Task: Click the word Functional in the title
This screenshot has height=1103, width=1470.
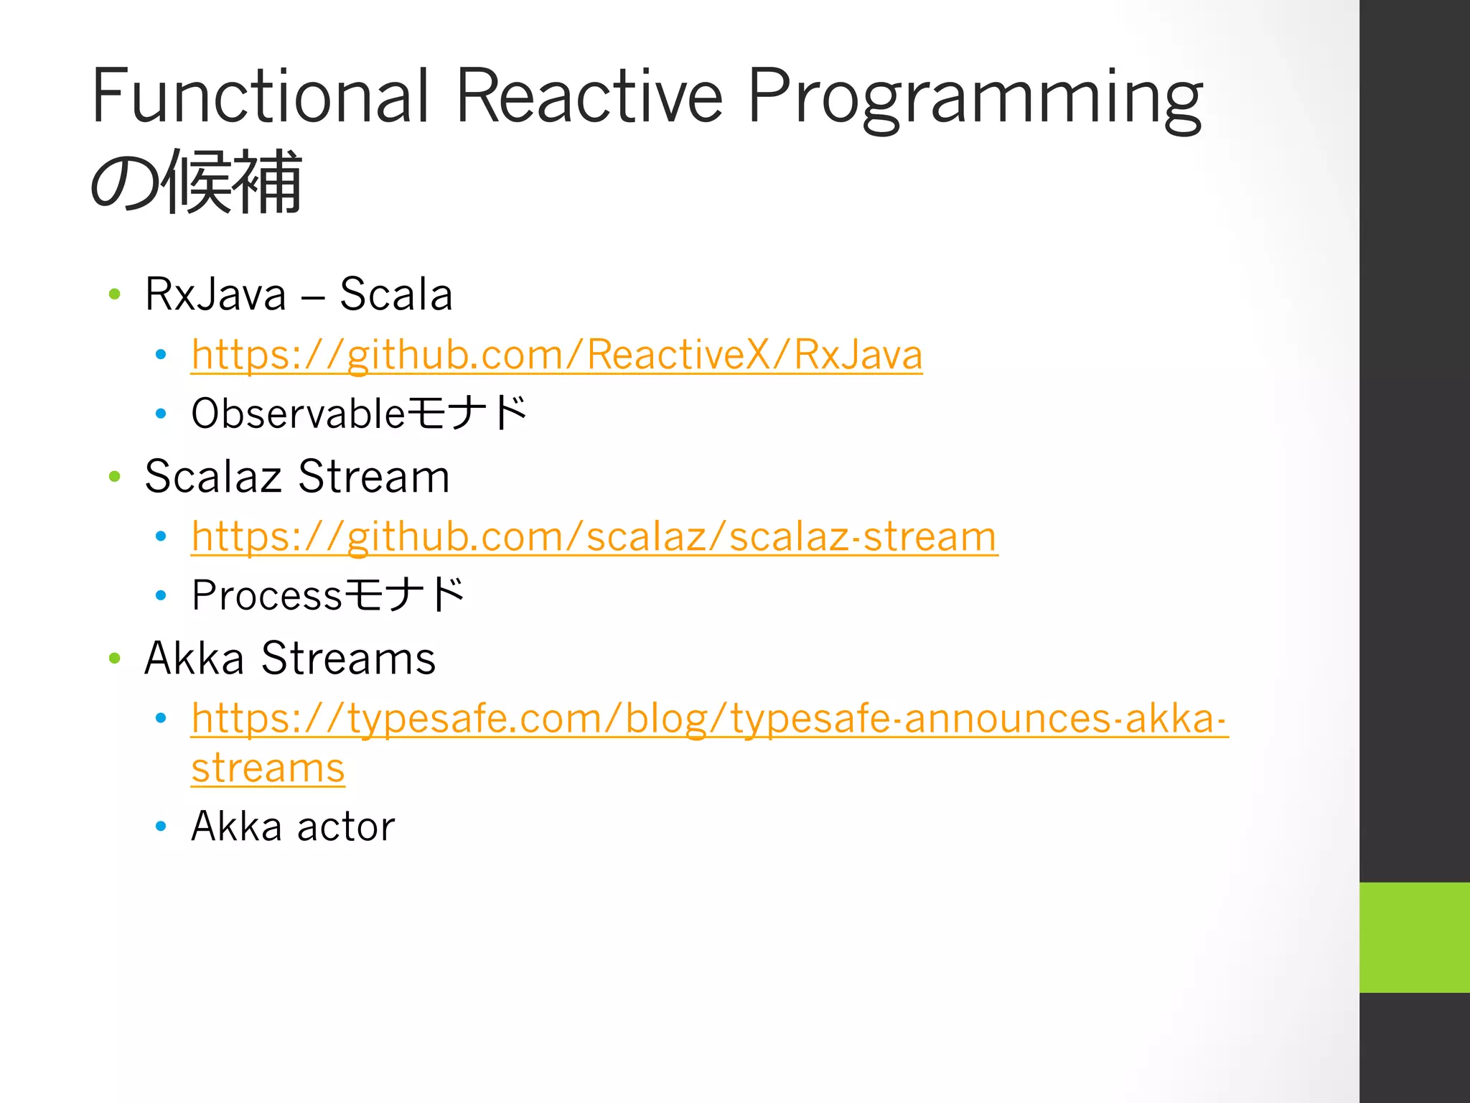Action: [x=260, y=96]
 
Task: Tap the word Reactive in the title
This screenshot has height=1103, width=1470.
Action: [x=589, y=96]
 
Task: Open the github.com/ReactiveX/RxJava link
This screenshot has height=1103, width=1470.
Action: [x=556, y=355]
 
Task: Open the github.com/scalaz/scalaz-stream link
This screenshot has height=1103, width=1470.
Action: [x=594, y=536]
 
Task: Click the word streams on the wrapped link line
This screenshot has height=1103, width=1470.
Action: [x=268, y=768]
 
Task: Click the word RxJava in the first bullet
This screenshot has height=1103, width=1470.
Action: [x=215, y=294]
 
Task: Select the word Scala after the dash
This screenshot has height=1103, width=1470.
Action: [x=395, y=294]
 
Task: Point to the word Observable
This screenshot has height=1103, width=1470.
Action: [x=298, y=414]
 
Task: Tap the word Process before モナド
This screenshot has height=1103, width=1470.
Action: [x=266, y=595]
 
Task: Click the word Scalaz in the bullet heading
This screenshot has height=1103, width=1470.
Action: [x=212, y=476]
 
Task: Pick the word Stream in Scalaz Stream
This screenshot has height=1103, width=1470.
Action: [x=373, y=476]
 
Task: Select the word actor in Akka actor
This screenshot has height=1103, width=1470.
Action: [x=346, y=827]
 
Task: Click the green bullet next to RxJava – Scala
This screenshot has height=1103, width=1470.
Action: [x=114, y=294]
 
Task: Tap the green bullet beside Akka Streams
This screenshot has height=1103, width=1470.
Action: [x=114, y=658]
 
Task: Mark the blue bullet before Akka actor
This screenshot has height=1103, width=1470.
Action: [x=161, y=827]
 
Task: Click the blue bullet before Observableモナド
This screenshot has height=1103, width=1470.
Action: [x=161, y=414]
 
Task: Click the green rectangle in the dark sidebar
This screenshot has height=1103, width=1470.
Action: [x=1414, y=937]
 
